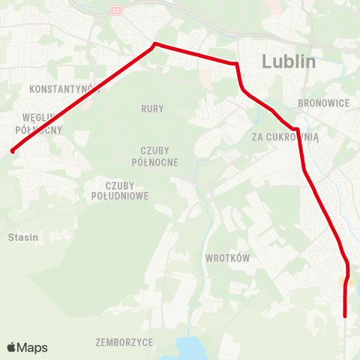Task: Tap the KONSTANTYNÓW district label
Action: pos(64,89)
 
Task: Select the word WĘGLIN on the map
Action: pos(36,118)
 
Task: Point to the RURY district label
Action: pos(152,109)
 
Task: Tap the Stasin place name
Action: pos(22,237)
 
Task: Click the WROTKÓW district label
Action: pos(226,258)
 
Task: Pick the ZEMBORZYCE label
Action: pos(124,342)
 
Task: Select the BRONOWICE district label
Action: pos(324,102)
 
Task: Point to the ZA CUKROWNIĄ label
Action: pos(285,136)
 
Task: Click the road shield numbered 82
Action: pos(115,10)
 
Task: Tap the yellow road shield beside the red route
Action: pos(346,282)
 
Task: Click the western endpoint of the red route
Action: pos(13,151)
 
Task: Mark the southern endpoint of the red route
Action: pos(345,316)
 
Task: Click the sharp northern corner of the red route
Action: pos(155,43)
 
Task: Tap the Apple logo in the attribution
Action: pos(12,347)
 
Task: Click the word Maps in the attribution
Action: pos(33,348)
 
